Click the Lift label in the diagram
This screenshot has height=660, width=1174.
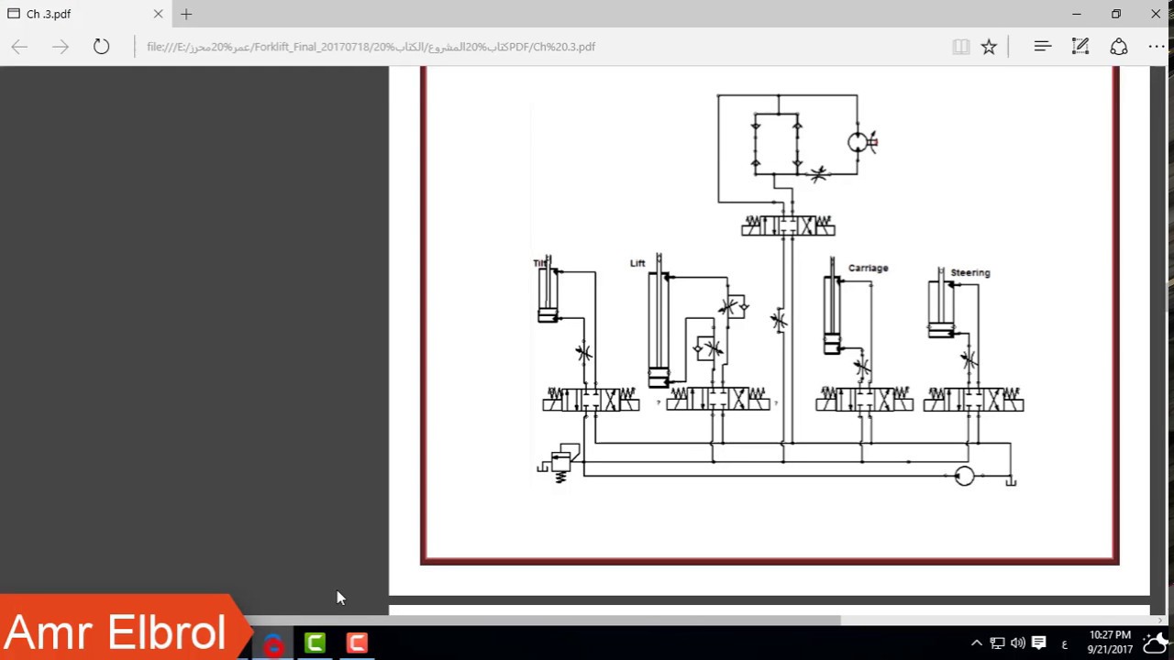click(x=637, y=263)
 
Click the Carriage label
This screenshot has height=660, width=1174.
click(x=868, y=268)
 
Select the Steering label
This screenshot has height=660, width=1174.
click(x=969, y=272)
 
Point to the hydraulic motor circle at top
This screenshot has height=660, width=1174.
click(x=858, y=142)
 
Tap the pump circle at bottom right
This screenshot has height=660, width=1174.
click(x=964, y=476)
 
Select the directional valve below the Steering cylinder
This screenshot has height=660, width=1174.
click(x=973, y=400)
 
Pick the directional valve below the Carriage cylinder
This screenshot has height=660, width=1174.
click(x=864, y=400)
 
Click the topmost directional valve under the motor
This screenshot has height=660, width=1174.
click(x=788, y=225)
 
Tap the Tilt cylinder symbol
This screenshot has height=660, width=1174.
click(x=548, y=291)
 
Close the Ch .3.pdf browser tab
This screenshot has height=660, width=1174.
click(x=158, y=14)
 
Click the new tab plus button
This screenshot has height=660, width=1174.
click(x=186, y=14)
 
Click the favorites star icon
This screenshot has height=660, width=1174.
click(x=989, y=47)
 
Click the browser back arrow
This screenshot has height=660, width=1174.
click(x=19, y=47)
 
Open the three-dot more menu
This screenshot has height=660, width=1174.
click(x=1156, y=47)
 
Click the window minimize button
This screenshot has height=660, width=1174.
click(x=1077, y=14)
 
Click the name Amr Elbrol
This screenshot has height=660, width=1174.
click(x=116, y=632)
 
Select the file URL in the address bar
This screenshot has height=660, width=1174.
click(x=371, y=47)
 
